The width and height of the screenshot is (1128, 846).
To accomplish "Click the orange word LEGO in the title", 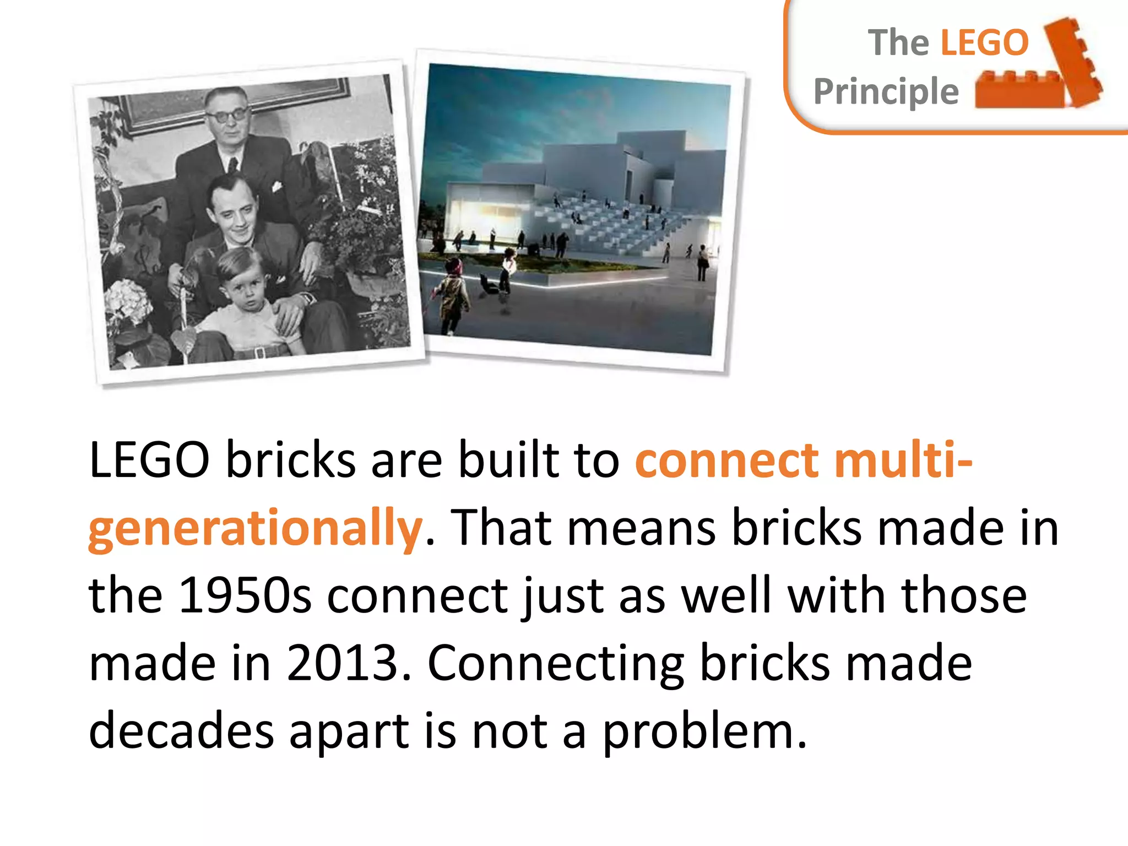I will (984, 43).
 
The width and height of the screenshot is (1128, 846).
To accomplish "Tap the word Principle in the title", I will (886, 91).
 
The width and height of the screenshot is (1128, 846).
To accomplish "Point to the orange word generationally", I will (256, 529).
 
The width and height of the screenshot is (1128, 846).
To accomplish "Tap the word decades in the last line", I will (181, 731).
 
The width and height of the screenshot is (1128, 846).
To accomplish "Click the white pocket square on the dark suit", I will (276, 187).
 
